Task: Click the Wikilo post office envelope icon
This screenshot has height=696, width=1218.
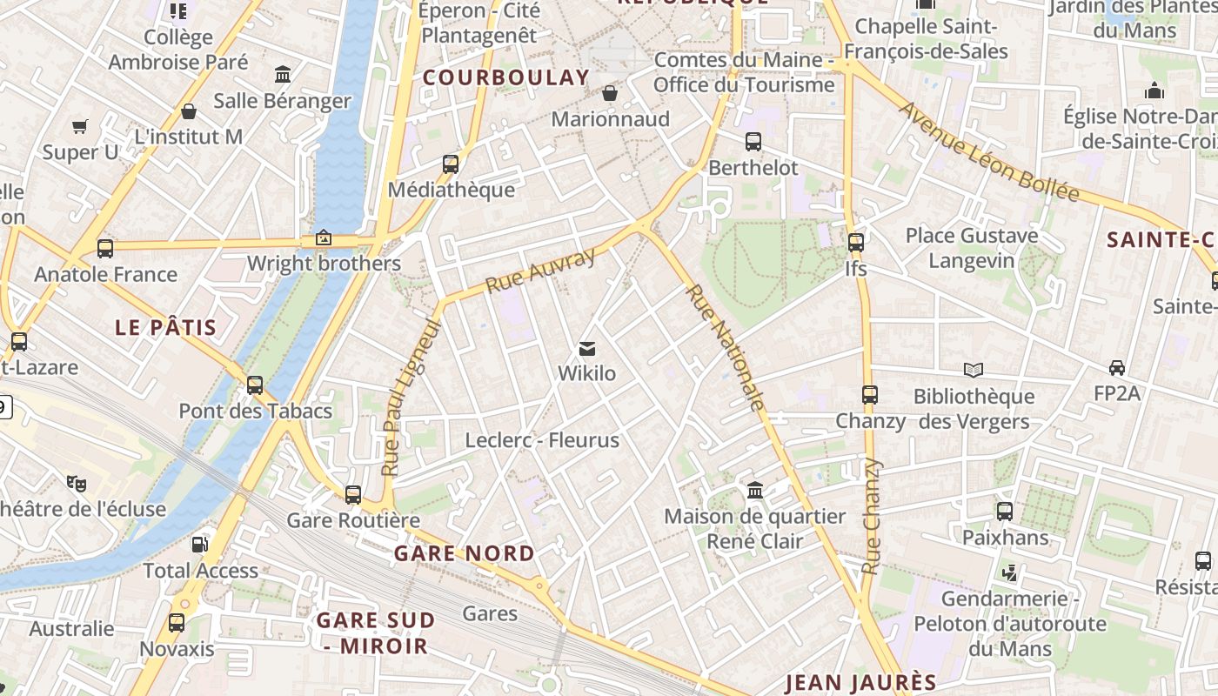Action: tap(587, 349)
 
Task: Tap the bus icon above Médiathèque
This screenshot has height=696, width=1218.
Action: tap(451, 164)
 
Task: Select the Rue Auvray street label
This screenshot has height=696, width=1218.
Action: tap(540, 271)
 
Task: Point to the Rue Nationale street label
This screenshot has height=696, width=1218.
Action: tap(726, 347)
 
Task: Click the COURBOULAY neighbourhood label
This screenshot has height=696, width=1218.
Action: tap(506, 77)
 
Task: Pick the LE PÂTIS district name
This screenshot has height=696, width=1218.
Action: tap(166, 328)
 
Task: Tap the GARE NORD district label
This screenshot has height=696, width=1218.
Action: tap(465, 553)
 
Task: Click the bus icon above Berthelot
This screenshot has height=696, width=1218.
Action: tap(753, 141)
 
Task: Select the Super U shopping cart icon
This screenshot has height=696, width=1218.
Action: tap(80, 126)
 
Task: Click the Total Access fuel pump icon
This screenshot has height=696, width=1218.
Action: tap(200, 545)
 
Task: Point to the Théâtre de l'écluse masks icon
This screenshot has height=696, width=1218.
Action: tap(77, 483)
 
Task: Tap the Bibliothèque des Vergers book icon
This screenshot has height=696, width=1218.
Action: tap(974, 371)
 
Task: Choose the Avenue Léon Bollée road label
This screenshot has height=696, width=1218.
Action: tap(988, 152)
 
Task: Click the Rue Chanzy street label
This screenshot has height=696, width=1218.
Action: tap(872, 517)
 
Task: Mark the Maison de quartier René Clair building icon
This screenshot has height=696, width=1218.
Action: tap(755, 490)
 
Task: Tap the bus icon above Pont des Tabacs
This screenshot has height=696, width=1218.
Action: tap(255, 385)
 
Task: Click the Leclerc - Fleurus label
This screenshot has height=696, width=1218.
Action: tap(542, 440)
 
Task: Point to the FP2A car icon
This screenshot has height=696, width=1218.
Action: tap(1117, 368)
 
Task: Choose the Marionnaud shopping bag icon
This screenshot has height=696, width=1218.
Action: tap(611, 93)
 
